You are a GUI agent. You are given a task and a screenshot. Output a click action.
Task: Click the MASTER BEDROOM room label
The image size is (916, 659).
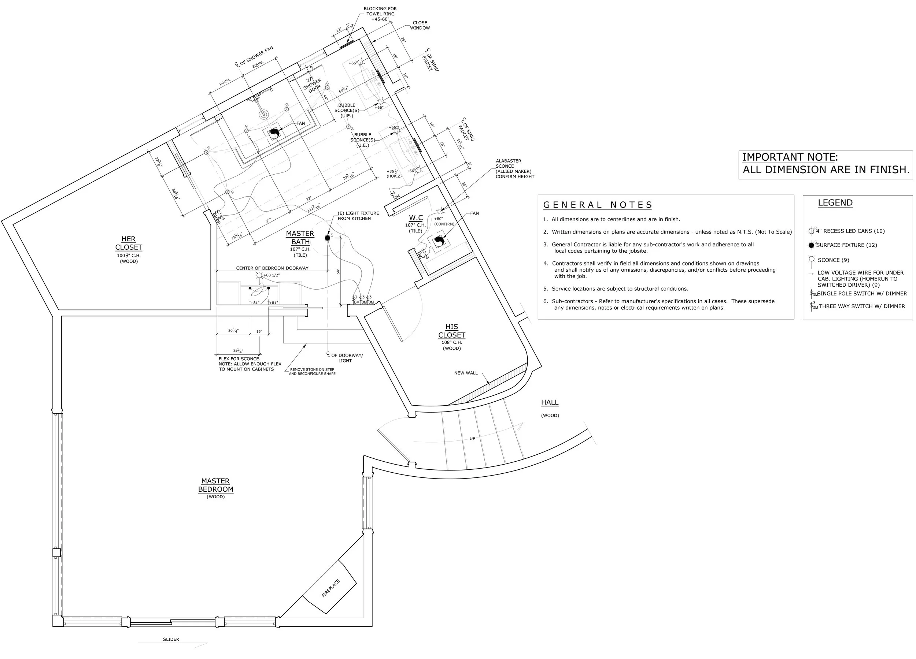[x=216, y=485]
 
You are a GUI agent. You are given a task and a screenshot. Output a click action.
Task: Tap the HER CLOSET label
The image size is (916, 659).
[x=129, y=243]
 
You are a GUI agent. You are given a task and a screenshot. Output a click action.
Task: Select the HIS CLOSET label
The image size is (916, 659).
[x=451, y=331]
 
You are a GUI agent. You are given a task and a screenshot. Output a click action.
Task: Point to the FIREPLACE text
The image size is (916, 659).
[x=330, y=588]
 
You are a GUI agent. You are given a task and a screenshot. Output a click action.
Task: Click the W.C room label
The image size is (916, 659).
[x=415, y=218]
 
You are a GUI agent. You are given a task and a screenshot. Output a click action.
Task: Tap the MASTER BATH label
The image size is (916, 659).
[x=300, y=238]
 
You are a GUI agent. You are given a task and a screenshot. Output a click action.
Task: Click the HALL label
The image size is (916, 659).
[x=550, y=402]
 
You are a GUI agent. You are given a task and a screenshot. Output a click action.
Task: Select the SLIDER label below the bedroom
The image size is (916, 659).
[x=171, y=639]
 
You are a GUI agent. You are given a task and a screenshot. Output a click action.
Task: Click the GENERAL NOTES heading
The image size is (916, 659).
[x=597, y=205]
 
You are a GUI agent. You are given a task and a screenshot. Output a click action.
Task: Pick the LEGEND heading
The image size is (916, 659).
[x=835, y=203]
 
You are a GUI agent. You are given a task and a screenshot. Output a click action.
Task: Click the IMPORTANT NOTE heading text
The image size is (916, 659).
[x=790, y=157]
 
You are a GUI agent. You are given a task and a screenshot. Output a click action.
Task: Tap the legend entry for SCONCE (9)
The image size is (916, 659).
[x=833, y=260]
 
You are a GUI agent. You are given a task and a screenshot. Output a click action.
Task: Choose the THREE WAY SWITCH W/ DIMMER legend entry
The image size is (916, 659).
[x=861, y=306]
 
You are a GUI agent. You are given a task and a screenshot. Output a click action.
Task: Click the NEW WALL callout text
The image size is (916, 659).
[x=466, y=373]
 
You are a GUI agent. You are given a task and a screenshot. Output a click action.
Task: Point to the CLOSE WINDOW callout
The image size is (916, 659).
[x=420, y=25]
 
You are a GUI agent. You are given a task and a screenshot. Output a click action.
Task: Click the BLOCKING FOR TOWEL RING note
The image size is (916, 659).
[x=380, y=14]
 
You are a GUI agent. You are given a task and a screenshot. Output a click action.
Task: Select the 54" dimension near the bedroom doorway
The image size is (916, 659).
[x=338, y=271]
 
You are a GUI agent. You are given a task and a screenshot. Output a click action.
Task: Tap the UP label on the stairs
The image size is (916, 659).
[x=472, y=439]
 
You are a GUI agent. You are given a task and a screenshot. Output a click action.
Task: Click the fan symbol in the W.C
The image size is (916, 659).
[x=439, y=242]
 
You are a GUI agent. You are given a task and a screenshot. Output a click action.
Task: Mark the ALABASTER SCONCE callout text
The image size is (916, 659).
[x=514, y=169]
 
